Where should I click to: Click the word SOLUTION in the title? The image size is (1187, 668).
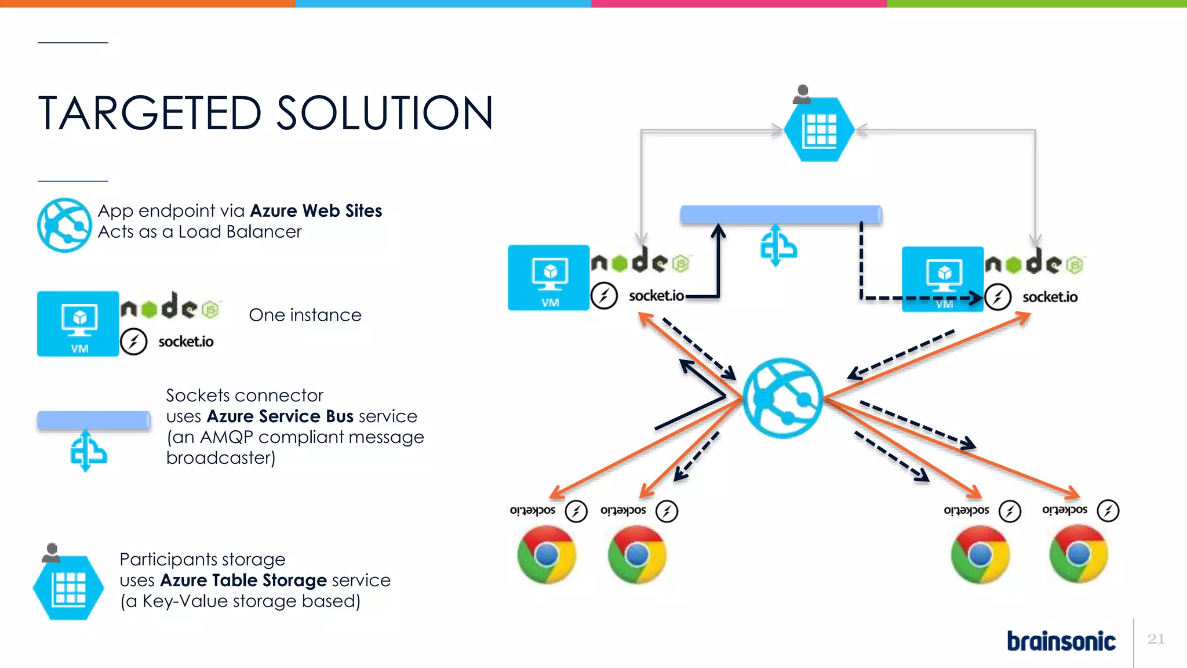(385, 113)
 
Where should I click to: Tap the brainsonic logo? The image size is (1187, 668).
(1061, 641)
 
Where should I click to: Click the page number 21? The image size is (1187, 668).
(1156, 638)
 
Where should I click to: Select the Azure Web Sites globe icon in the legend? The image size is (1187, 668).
(64, 225)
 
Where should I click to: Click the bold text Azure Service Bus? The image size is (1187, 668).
(280, 416)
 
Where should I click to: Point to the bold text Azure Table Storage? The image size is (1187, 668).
(243, 580)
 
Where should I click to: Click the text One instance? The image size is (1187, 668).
(305, 315)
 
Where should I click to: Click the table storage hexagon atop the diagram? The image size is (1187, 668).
(820, 129)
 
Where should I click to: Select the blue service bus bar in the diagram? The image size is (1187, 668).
(781, 215)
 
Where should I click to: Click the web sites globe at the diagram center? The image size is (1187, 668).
(782, 398)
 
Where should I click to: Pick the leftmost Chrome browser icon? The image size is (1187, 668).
(546, 554)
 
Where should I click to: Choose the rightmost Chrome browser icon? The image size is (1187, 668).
(1078, 553)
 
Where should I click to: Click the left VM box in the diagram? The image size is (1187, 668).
(548, 278)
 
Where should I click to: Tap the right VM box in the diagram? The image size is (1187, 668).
(942, 279)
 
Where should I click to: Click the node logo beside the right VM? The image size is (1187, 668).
(1034, 263)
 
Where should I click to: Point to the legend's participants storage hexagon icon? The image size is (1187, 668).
(68, 587)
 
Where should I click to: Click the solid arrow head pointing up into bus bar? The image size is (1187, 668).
(718, 230)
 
